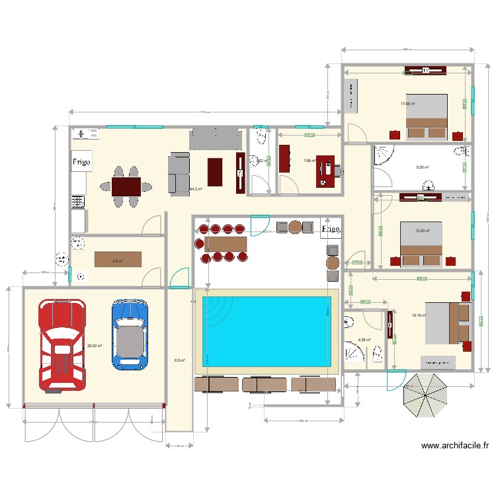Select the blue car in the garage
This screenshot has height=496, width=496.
(128, 333)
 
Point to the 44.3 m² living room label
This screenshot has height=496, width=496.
(195, 189)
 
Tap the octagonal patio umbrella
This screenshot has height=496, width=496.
(425, 395)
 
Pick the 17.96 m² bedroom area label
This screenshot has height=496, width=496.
(407, 104)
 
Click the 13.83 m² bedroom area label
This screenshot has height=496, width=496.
(423, 231)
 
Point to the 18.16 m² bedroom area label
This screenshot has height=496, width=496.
(419, 315)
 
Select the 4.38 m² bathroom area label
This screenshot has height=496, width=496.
(364, 341)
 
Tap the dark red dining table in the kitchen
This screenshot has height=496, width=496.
(126, 188)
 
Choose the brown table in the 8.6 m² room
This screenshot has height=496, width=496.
(118, 259)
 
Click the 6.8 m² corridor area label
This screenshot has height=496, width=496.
(179, 360)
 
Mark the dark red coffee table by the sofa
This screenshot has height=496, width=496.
(216, 172)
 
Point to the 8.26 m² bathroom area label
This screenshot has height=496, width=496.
(423, 167)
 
